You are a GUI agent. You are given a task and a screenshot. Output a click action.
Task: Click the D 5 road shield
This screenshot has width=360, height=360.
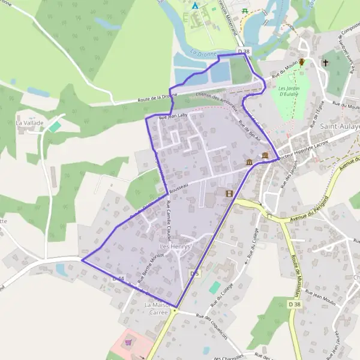(193, 274)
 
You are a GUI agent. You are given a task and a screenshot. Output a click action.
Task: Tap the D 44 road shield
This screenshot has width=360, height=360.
(118, 279)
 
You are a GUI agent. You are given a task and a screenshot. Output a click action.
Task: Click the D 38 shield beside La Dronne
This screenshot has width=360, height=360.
(243, 52)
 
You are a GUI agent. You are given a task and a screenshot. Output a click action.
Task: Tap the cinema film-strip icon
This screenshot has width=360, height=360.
(228, 193)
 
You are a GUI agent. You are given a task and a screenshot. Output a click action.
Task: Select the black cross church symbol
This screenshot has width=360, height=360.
(325, 62)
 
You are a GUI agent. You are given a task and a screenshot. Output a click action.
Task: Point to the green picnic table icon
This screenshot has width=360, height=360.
(244, 11)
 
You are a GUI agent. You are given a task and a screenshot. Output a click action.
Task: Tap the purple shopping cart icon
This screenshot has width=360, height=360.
(128, 343)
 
